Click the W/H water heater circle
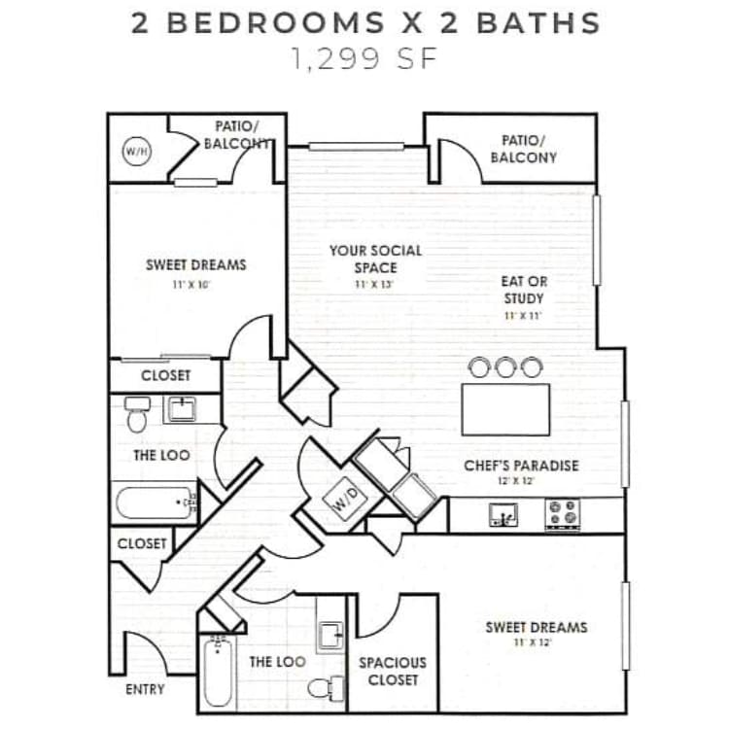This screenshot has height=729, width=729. coord(135,152)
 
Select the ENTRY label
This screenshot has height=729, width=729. coord(145,689)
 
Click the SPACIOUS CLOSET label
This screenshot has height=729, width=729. coord(393,671)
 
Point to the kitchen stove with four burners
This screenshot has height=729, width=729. coord(562,513)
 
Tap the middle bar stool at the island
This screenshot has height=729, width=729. coord(505,367)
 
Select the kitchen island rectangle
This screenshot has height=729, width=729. coord(505,409)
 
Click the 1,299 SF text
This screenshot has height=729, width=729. coord(364,59)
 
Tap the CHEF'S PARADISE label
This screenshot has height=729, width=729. coord(521,466)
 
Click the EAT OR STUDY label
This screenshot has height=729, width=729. coord(523,290)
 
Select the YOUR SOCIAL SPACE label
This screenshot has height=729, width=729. coord(375,259)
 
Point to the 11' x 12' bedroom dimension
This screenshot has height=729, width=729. coord(537,643)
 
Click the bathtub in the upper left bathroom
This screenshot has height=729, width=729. coord(152,503)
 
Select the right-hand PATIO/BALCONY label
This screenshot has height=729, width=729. coord(523,149)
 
